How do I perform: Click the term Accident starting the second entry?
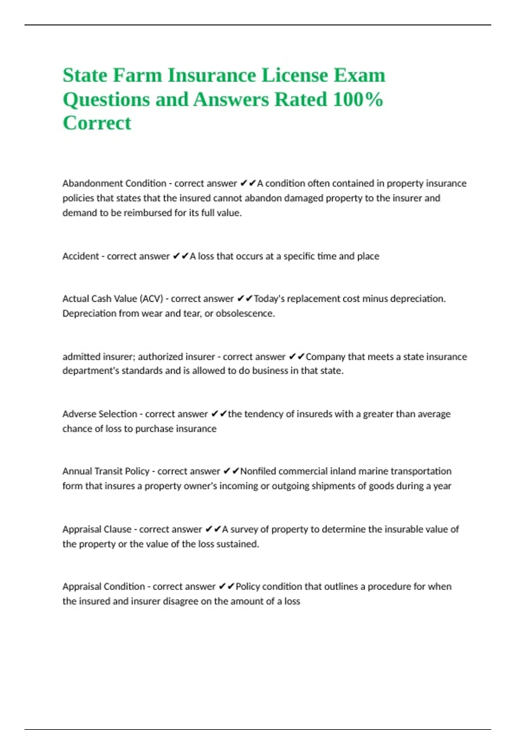[80, 256]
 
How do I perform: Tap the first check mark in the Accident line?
[176, 256]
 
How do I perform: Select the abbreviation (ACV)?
[151, 299]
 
